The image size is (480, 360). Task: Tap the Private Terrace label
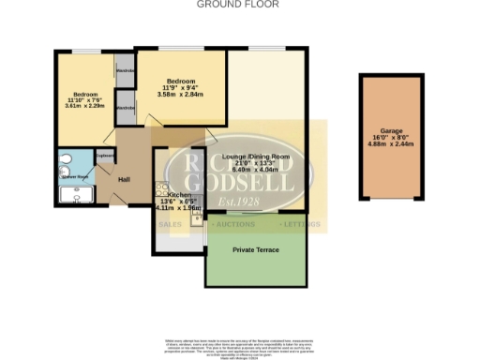pos(255,250)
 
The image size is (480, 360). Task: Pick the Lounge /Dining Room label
pos(255,155)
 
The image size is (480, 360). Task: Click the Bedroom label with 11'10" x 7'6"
pos(85,95)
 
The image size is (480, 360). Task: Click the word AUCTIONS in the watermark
pos(233,225)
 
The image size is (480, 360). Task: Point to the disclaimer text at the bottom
pos(239,347)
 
